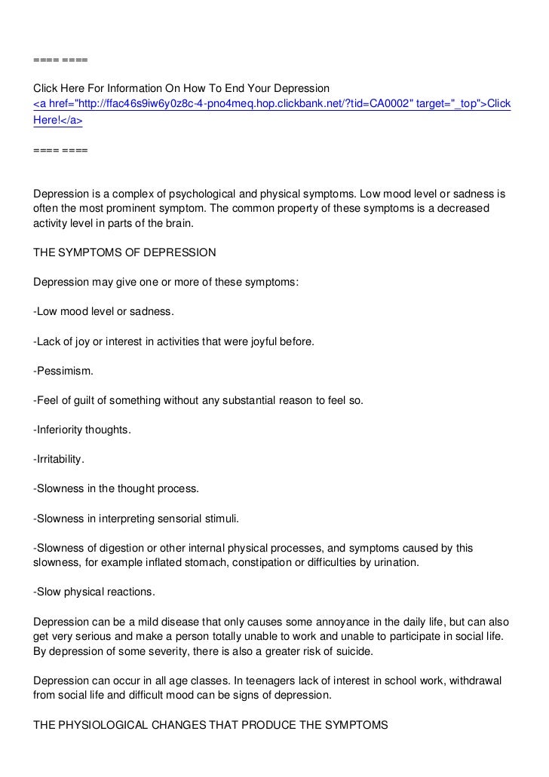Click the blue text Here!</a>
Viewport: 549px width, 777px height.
58,120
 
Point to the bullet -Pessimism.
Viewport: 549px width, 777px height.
64,371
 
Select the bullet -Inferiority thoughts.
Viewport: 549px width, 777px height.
82,430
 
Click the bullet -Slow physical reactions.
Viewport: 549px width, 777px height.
94,592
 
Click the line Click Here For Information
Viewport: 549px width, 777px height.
181,87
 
